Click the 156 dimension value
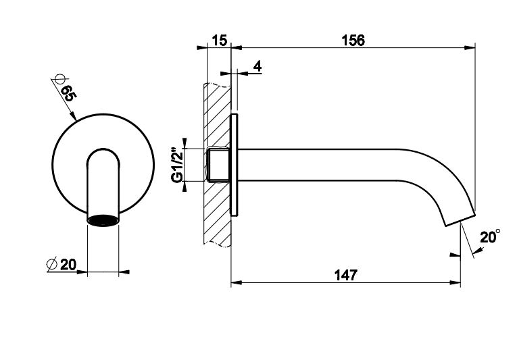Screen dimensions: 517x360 point(353,41)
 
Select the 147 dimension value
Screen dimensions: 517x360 point(346,275)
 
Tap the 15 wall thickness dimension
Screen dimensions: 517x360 point(219,41)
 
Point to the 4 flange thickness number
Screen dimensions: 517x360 point(257,66)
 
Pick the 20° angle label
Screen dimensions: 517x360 point(490,236)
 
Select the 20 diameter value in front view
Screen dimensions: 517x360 point(68,264)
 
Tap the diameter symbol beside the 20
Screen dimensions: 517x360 point(52,264)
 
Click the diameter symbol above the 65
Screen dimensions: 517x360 point(59,79)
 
